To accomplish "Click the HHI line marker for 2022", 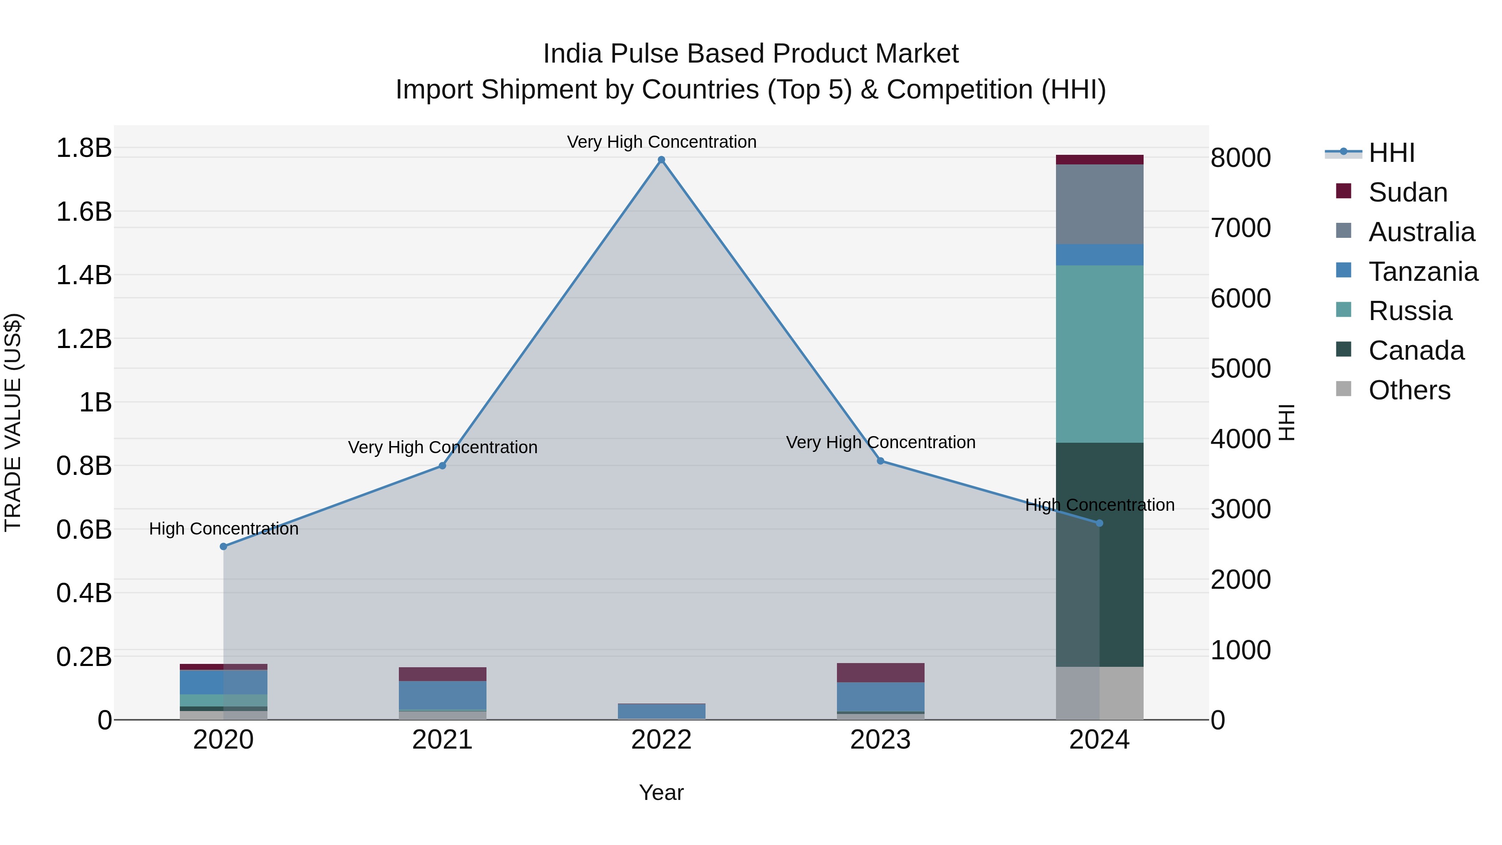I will coord(661,160).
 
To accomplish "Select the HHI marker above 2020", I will coord(223,546).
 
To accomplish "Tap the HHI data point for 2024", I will coord(1100,523).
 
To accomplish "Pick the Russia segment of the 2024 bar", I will coord(1100,354).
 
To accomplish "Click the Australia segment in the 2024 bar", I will coord(1100,204).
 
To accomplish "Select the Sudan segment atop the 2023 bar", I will coord(880,672).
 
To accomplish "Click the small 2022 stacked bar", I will coord(661,711).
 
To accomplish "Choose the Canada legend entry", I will coord(1416,351).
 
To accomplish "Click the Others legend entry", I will coord(1409,390).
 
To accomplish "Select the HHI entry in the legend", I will coord(1391,153).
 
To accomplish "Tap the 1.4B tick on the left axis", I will coord(83,275).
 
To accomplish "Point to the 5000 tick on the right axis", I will coord(1241,368).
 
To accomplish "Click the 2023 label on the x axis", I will coord(880,740).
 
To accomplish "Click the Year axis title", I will coord(661,792).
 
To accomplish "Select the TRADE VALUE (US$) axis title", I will coord(13,422).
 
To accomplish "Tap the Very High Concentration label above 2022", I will coord(661,142).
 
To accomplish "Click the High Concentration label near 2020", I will coord(223,529).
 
